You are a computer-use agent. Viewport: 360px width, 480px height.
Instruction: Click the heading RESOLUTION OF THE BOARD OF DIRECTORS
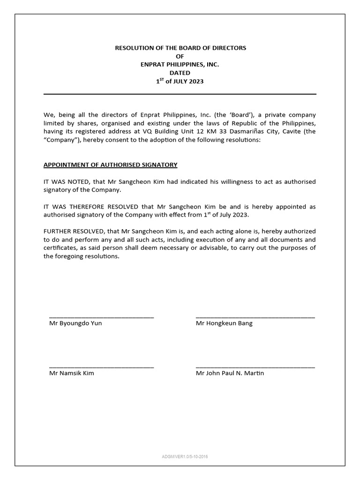click(x=180, y=48)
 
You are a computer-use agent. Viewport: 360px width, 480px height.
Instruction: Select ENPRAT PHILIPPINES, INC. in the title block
click(x=180, y=64)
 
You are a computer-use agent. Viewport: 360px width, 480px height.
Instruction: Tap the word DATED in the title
click(x=180, y=73)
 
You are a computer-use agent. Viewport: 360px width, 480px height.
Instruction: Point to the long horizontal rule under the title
click(x=180, y=94)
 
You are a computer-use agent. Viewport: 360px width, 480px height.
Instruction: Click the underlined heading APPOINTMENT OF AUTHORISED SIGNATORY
click(x=110, y=165)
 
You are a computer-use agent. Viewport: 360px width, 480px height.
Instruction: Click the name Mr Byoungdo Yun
click(x=75, y=323)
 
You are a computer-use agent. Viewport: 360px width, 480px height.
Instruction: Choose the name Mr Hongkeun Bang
click(x=224, y=323)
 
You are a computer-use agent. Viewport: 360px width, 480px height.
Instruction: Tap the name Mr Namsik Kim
click(x=72, y=373)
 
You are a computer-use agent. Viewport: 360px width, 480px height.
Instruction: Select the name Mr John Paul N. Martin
click(x=230, y=373)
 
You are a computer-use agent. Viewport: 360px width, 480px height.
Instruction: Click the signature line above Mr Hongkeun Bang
click(x=255, y=318)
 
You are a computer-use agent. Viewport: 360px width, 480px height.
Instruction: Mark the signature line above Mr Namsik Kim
click(x=101, y=367)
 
